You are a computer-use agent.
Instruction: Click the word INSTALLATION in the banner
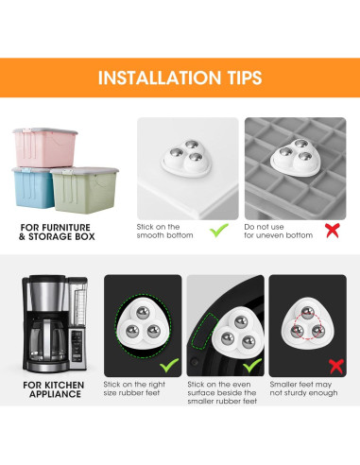(x=152, y=77)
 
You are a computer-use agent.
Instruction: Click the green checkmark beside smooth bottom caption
(x=220, y=230)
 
